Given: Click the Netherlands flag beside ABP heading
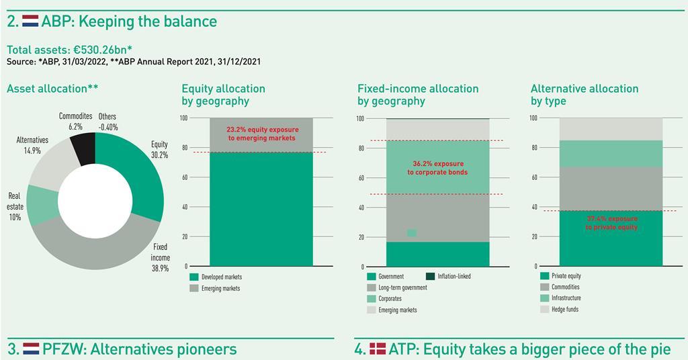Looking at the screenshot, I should click(30, 21).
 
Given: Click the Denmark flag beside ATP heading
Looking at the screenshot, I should click(378, 349).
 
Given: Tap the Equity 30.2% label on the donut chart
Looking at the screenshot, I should click(159, 149).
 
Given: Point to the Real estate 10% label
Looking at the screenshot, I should click(15, 206).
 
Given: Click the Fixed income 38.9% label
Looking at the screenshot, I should click(161, 257).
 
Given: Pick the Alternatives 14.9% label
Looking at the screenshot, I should click(32, 145).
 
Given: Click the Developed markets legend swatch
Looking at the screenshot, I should click(194, 277).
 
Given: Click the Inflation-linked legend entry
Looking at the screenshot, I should click(454, 276).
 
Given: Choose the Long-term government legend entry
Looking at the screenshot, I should click(402, 287).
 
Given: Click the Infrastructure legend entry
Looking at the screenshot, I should click(566, 298).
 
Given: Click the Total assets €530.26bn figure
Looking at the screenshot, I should click(69, 50).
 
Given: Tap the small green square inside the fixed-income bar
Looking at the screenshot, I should click(412, 233).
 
